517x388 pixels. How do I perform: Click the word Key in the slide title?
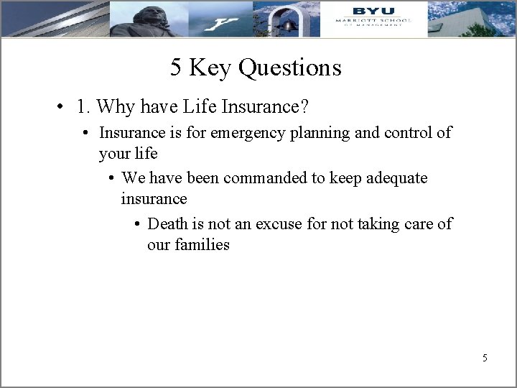tap(211, 68)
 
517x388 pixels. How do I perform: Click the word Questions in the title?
tap(290, 68)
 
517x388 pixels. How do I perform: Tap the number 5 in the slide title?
tap(177, 68)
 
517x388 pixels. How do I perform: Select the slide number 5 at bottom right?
tap(485, 357)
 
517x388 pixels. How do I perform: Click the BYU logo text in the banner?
tap(369, 11)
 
